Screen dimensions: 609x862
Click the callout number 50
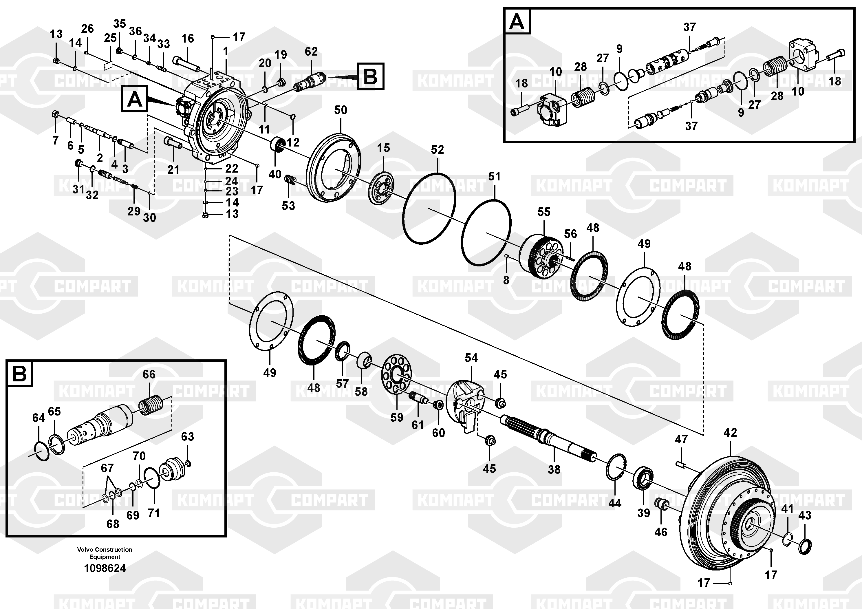[x=341, y=110]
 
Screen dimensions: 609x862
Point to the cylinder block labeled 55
[x=541, y=255]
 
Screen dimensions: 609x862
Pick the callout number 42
[x=730, y=433]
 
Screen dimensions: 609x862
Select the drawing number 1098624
[x=105, y=568]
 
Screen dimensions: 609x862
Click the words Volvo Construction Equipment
[x=105, y=553]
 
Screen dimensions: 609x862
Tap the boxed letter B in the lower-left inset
[x=19, y=374]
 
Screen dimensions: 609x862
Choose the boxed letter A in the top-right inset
[x=517, y=22]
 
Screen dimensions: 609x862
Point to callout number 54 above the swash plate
[x=471, y=358]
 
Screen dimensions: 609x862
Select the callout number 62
[x=311, y=52]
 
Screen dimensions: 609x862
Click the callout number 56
[x=570, y=234]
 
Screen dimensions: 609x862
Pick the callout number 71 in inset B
[x=154, y=513]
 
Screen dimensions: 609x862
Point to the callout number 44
[x=615, y=503]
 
